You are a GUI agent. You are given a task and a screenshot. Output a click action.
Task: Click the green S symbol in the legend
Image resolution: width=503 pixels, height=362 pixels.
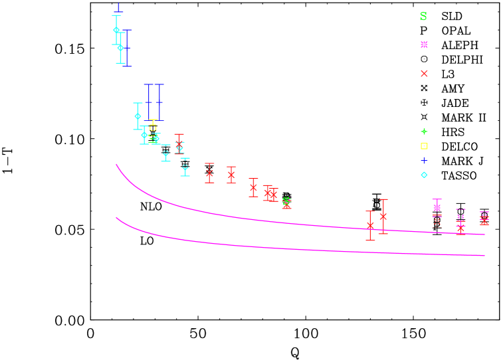pos(423,17)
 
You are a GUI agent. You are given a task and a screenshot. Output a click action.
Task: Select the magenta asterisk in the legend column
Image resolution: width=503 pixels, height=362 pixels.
pos(424,45)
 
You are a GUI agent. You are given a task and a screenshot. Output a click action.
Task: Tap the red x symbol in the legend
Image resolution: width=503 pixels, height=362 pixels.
pos(424,74)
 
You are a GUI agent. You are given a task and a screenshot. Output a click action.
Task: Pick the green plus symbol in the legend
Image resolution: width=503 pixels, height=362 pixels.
pos(424,132)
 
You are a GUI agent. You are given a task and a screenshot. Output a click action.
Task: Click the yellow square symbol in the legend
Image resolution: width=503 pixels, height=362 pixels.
pos(424,146)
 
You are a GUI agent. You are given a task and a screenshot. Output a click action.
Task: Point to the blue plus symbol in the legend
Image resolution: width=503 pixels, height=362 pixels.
pos(424,160)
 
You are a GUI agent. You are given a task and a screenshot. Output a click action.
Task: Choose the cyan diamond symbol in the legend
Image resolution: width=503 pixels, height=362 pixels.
pos(424,175)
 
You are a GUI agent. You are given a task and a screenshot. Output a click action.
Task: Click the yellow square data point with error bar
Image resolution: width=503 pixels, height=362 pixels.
pos(153,128)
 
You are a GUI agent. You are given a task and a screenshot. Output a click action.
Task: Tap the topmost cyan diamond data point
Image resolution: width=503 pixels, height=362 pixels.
pos(116,30)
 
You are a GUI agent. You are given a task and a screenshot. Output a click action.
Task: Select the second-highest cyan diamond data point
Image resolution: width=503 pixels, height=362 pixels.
pos(120,48)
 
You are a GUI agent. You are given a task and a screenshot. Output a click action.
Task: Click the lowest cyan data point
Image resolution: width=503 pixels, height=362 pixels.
pos(185,167)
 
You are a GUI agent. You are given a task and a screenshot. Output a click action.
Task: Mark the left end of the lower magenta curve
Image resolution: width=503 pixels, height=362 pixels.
pos(117,218)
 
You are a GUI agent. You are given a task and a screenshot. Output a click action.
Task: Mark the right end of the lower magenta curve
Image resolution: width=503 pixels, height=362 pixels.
pos(484,255)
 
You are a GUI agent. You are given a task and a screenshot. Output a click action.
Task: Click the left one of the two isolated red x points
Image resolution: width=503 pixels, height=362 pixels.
pos(370,226)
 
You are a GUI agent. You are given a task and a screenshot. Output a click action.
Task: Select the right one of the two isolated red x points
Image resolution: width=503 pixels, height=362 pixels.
pos(383,216)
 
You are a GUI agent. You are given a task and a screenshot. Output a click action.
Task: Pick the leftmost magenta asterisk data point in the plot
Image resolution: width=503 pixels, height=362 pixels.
pos(437,207)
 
